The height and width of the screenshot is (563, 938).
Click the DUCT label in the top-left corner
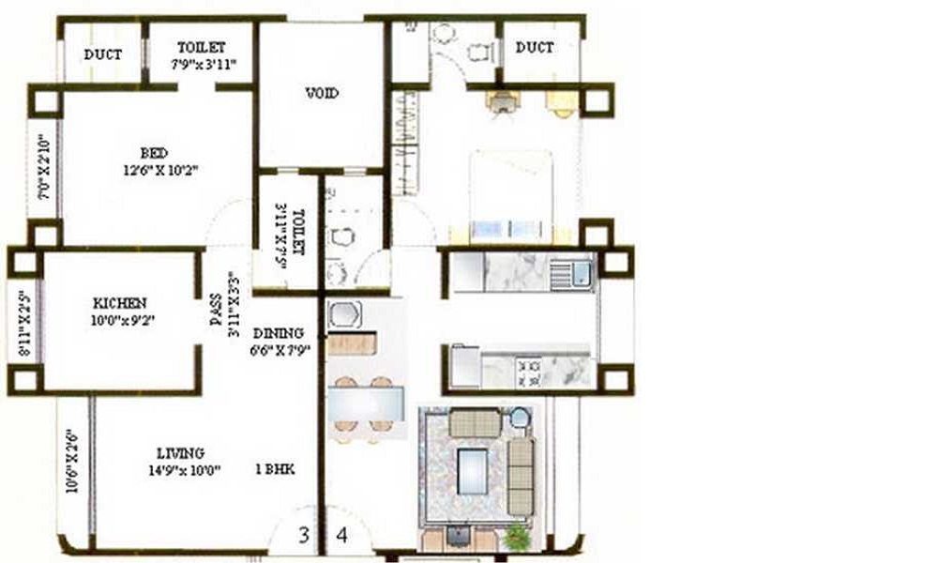pos(102,54)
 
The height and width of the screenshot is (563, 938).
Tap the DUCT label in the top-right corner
pos(534,47)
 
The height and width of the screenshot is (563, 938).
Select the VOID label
pos(322,93)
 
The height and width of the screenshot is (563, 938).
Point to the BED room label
pos(155,153)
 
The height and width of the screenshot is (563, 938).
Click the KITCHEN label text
pos(119,303)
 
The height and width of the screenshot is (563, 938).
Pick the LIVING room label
pos(181,453)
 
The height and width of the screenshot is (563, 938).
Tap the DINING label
pos(278,333)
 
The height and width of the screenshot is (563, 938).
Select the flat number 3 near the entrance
pos(303,536)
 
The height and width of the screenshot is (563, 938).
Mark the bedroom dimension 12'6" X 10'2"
pos(159,171)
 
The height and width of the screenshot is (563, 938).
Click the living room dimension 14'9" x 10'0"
pos(183,470)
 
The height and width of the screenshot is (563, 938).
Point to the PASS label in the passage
pos(216,310)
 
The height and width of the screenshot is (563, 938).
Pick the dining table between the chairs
pos(366,403)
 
